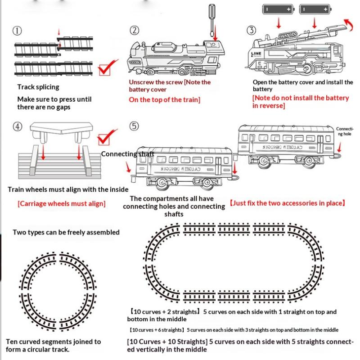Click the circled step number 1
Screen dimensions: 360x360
click(18, 31)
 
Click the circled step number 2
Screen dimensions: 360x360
click(134, 31)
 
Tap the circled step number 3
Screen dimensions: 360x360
click(251, 31)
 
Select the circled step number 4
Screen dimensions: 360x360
click(18, 126)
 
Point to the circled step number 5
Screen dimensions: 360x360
click(134, 126)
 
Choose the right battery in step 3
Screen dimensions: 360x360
click(315, 9)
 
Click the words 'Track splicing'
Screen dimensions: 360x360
click(38, 87)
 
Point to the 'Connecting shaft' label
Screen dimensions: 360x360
click(127, 154)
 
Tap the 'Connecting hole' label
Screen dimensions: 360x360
click(345, 131)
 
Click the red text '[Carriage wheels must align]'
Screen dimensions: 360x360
click(61, 203)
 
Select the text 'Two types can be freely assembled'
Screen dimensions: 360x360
click(66, 232)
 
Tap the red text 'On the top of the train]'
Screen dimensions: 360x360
click(164, 100)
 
